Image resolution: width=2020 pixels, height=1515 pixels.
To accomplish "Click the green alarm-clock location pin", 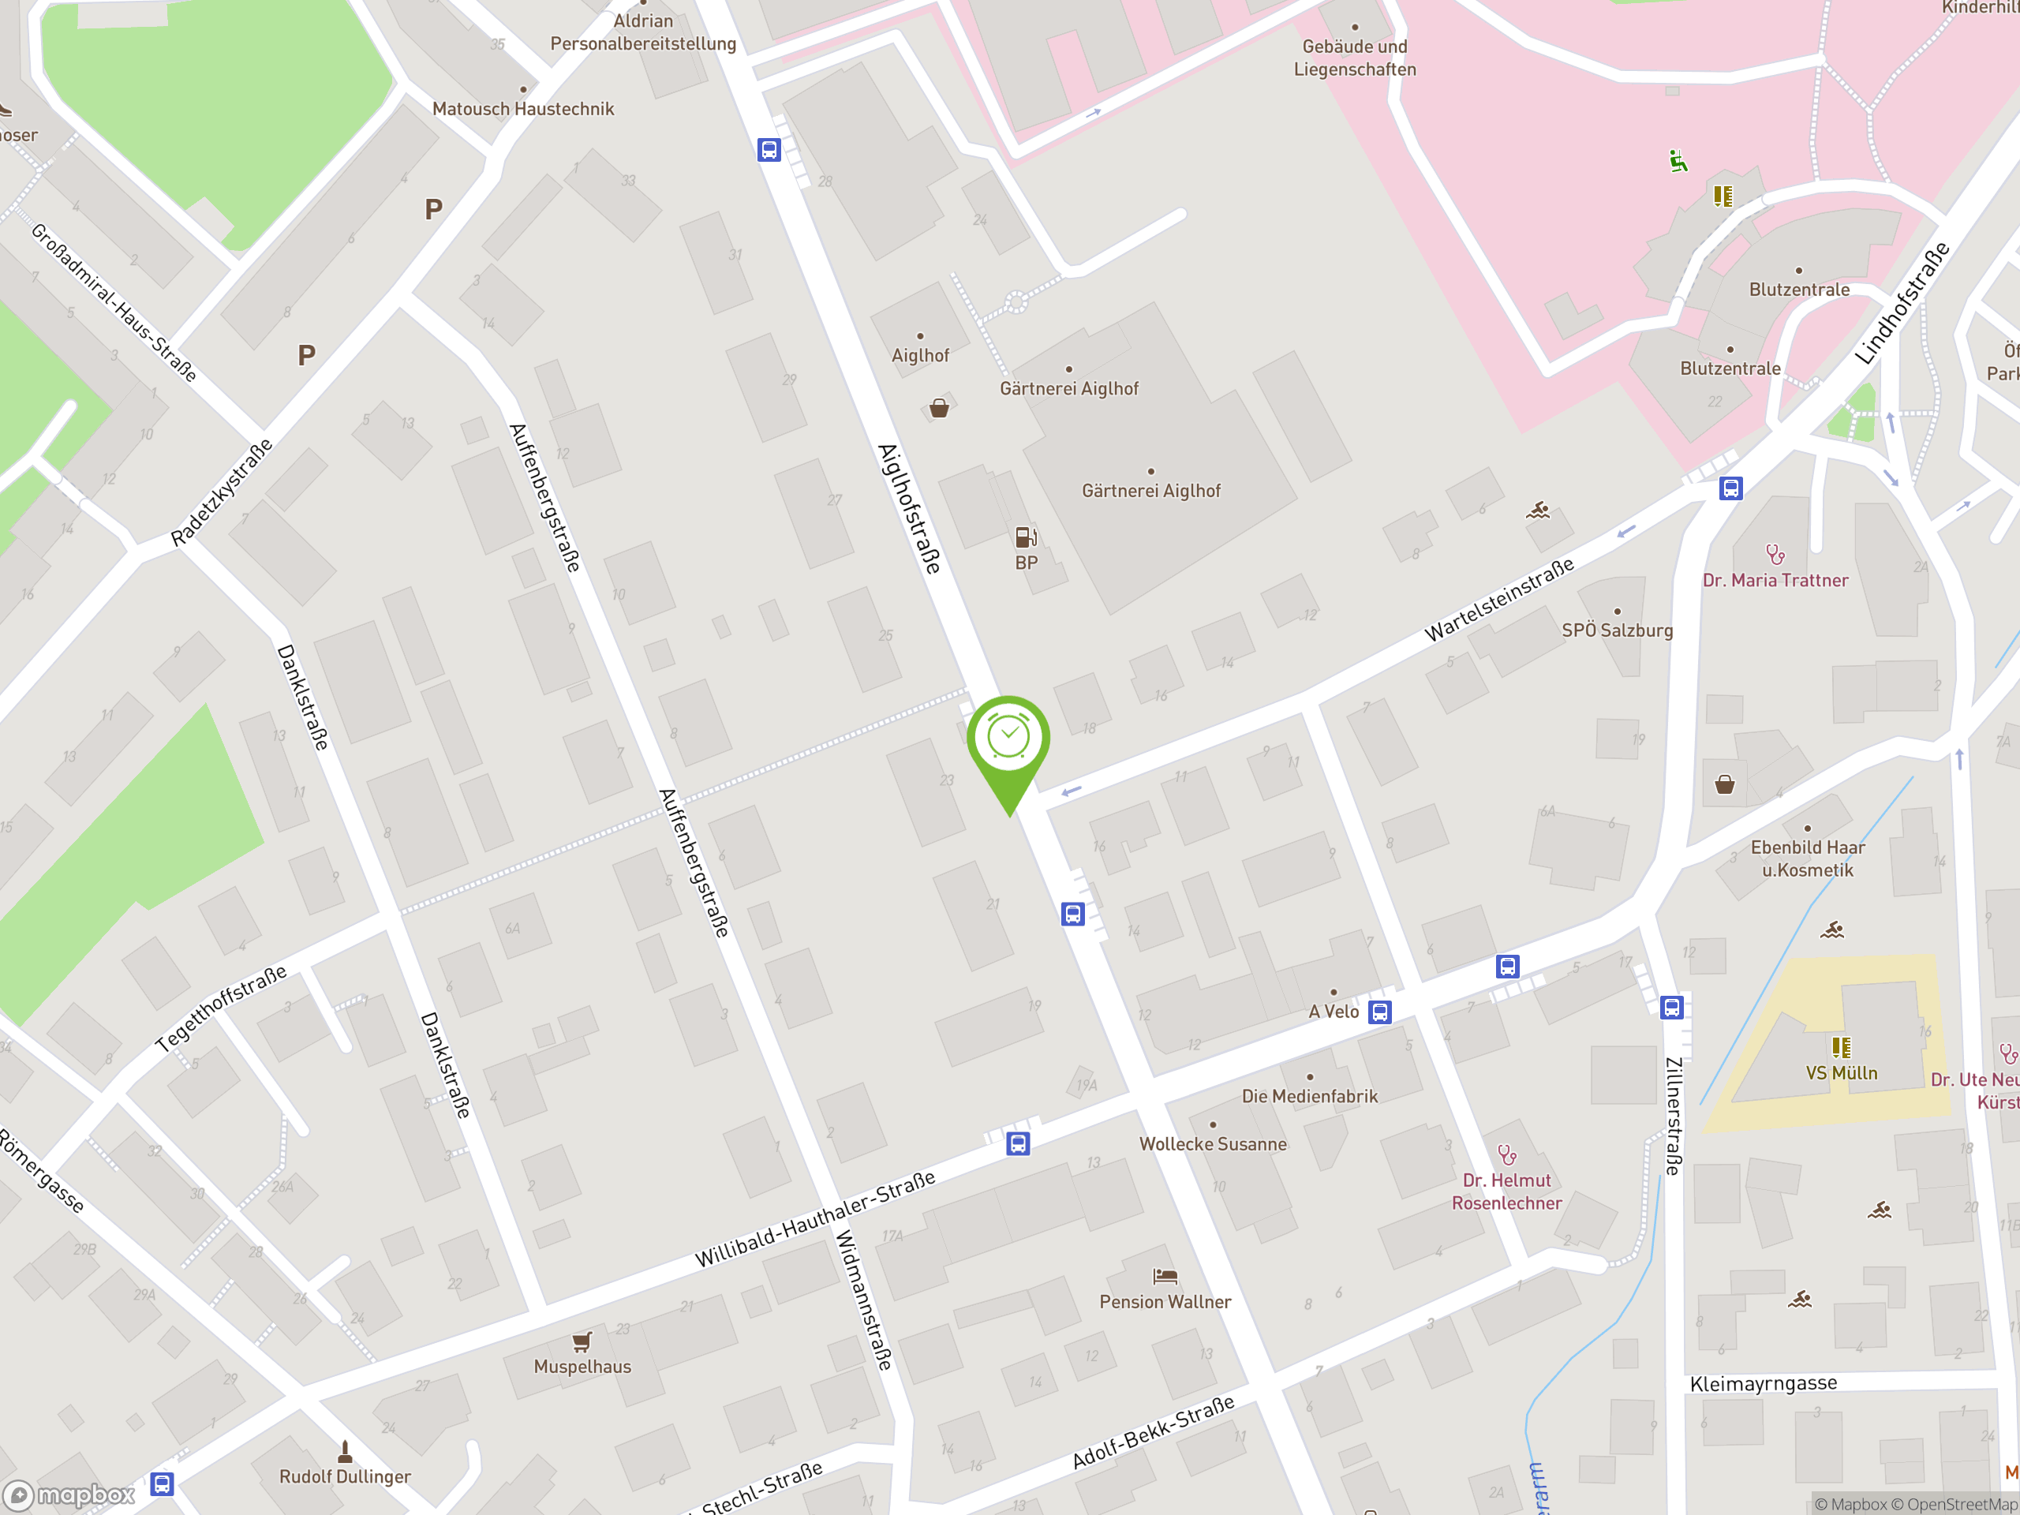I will (x=1008, y=739).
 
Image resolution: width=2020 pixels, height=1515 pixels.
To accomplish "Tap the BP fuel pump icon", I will (x=1026, y=537).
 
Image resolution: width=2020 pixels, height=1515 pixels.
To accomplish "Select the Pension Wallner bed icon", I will (x=1165, y=1276).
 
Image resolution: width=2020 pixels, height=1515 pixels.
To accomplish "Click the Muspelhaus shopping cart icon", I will (x=582, y=1341).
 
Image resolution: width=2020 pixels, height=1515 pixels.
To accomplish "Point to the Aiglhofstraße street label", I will (x=909, y=509).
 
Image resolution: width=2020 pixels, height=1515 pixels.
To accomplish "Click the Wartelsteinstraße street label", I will (x=1499, y=599).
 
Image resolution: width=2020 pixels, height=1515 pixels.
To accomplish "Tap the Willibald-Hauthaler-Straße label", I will (x=814, y=1219).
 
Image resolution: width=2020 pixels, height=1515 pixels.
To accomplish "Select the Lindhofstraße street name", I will (x=1902, y=304).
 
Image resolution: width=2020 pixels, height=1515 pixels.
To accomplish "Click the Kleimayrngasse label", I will (x=1763, y=1383).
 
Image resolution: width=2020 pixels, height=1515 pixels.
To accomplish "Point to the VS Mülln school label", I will (x=1841, y=1073).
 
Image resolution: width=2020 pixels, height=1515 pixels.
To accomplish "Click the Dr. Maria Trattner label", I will (x=1775, y=580).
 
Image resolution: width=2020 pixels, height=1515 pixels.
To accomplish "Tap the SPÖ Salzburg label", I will (x=1616, y=630).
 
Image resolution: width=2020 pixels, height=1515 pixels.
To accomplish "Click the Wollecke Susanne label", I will (x=1212, y=1144).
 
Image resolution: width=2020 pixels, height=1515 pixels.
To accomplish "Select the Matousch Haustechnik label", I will (x=522, y=109).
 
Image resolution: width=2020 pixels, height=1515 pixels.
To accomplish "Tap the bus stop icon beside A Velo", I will (x=1379, y=1012).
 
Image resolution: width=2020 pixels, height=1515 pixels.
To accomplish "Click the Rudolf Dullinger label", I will (x=344, y=1476).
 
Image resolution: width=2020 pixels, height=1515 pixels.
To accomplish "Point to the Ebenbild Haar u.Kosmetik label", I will (x=1807, y=858).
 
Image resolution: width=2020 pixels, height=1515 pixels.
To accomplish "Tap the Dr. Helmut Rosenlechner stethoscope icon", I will (x=1507, y=1155).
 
